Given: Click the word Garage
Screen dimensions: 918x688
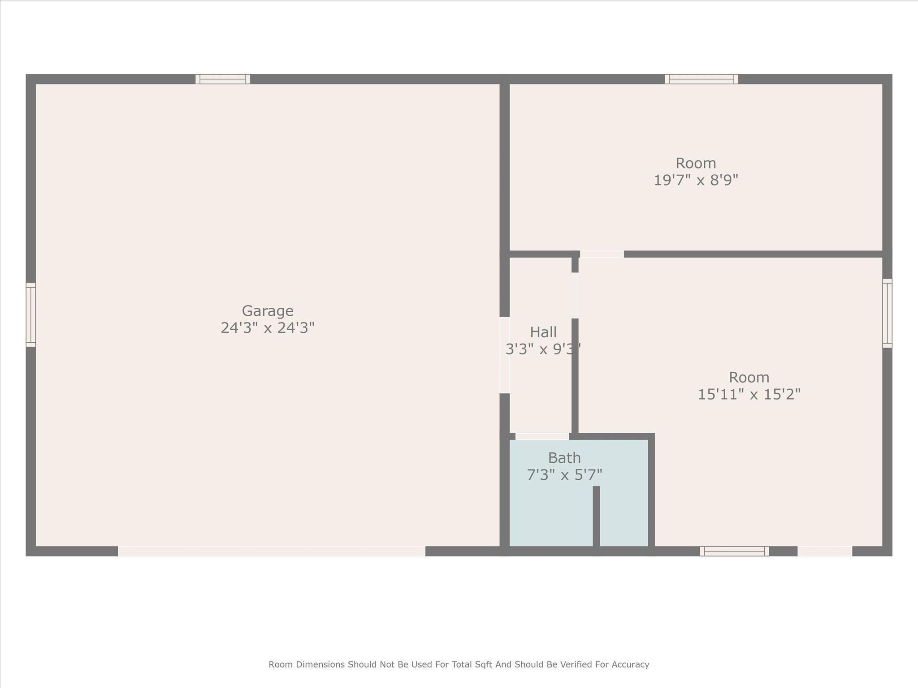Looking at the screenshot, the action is (x=268, y=311).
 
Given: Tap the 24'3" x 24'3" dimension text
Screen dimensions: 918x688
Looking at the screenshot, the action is (x=268, y=328).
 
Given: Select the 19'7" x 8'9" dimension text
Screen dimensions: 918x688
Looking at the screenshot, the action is (x=696, y=180).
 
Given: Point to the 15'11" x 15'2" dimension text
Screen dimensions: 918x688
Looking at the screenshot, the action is (x=749, y=394).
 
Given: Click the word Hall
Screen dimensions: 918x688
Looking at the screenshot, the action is (x=543, y=332).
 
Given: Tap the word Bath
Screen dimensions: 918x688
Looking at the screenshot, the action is (x=564, y=458).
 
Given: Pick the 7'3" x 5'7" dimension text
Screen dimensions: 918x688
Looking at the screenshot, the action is (x=564, y=475).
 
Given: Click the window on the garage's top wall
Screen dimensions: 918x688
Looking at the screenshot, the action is (x=223, y=79).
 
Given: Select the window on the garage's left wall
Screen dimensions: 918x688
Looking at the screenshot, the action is (x=31, y=315).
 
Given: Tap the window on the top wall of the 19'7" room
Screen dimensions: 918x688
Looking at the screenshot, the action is (x=701, y=79).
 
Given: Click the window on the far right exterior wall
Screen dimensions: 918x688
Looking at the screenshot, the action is (x=887, y=314).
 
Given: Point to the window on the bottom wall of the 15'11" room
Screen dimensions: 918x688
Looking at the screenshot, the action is (x=734, y=551).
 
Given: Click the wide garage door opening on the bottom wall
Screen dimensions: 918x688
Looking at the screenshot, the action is (x=272, y=551).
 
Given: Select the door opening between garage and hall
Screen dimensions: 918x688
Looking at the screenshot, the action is (x=505, y=355).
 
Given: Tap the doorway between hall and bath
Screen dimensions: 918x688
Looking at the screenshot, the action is (x=542, y=436).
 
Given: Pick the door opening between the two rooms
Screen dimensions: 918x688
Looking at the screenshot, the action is (x=602, y=254).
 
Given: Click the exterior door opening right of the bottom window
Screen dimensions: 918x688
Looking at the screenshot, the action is (x=825, y=551).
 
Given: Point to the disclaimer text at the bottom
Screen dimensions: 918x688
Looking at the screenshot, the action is (x=459, y=665).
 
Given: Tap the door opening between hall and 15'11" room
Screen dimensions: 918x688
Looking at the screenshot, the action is (x=575, y=296).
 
